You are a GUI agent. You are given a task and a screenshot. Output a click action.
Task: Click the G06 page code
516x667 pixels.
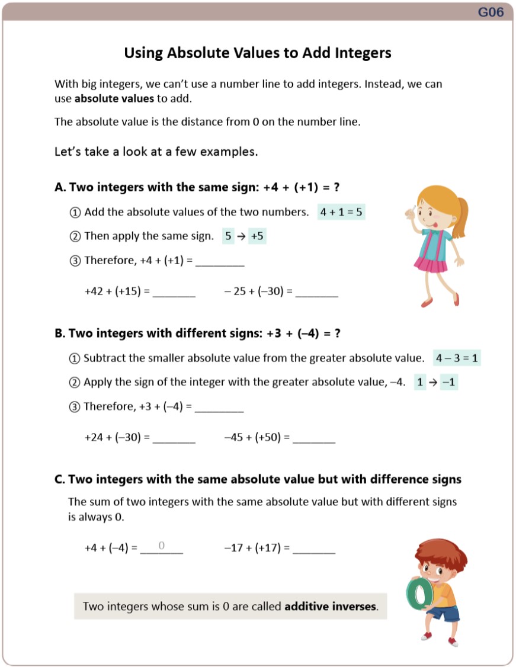pyautogui.click(x=491, y=12)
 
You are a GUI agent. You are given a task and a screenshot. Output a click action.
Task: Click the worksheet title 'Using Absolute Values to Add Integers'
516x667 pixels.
pyautogui.click(x=258, y=53)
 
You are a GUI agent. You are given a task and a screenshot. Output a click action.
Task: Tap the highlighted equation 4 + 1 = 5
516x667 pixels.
pyautogui.click(x=341, y=212)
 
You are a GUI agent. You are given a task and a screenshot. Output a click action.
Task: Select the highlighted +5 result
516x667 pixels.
pyautogui.click(x=258, y=236)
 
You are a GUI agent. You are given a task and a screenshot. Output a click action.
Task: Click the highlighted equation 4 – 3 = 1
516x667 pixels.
pyautogui.click(x=457, y=358)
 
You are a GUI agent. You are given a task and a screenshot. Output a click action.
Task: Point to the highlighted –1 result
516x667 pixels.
pyautogui.click(x=449, y=382)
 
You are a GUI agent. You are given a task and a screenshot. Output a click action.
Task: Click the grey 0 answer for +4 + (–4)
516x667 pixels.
pyautogui.click(x=161, y=546)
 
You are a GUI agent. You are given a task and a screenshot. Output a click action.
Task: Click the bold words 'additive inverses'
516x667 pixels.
pyautogui.click(x=331, y=607)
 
